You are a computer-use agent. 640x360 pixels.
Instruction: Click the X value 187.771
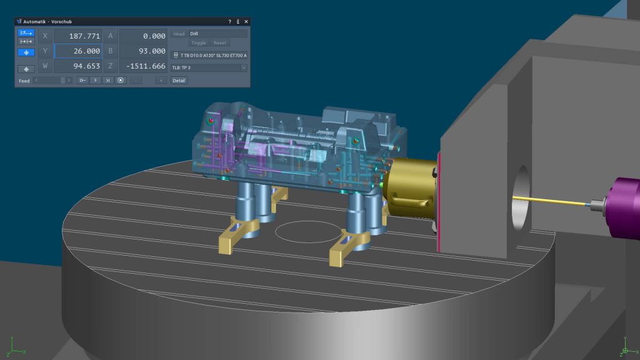click(x=84, y=36)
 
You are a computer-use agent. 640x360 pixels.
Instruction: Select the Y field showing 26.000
click(x=78, y=51)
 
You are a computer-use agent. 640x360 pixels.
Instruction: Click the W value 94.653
click(x=86, y=66)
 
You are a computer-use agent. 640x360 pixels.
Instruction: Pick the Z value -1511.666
click(x=146, y=66)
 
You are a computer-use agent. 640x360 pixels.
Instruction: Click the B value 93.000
click(x=152, y=51)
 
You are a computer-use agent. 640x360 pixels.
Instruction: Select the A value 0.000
click(x=154, y=36)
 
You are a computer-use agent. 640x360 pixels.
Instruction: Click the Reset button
click(x=219, y=43)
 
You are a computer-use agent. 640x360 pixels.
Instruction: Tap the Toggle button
click(x=198, y=43)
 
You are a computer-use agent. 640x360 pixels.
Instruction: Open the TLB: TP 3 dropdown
click(x=209, y=67)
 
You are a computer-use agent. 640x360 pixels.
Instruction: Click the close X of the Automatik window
click(x=246, y=22)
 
